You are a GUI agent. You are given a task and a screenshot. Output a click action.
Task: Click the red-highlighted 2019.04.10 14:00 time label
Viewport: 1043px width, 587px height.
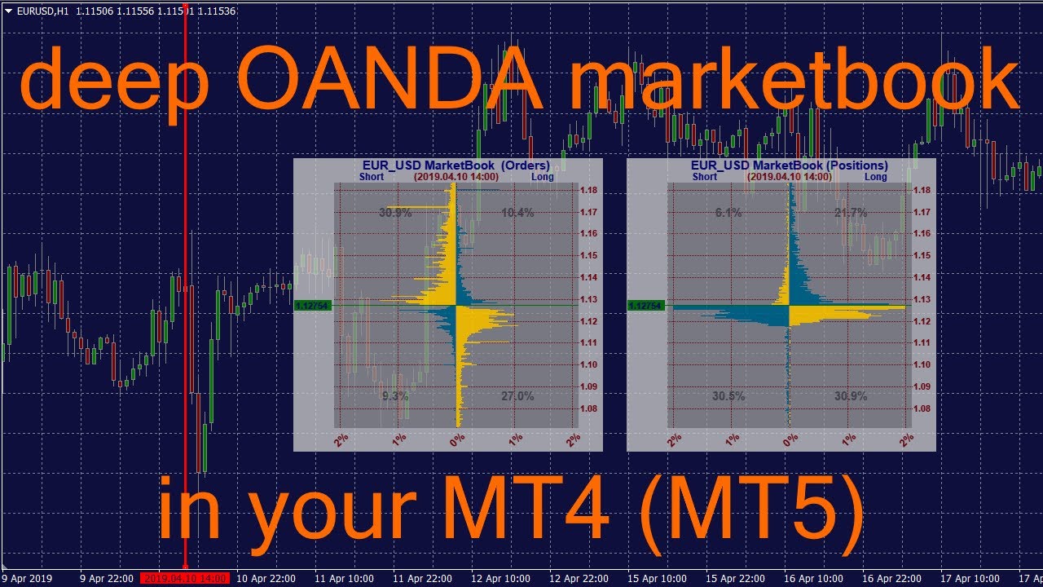[185, 579]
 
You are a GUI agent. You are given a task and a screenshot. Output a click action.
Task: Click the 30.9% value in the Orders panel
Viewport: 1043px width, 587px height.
[395, 213]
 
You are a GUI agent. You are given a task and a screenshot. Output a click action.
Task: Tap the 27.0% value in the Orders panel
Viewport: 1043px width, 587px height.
[517, 396]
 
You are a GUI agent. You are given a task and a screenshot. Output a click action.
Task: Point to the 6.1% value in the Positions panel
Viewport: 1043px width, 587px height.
[728, 213]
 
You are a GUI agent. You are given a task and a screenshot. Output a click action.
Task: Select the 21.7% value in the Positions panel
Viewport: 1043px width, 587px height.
[851, 213]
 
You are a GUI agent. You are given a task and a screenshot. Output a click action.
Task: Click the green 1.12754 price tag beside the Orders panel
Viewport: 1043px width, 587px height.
[313, 306]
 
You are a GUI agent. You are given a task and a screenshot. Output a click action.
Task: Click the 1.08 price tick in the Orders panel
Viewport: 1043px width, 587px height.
[587, 408]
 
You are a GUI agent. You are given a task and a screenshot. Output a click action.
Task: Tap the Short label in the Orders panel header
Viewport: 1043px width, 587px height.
[372, 176]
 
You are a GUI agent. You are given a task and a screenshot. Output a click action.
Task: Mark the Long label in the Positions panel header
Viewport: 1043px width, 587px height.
[876, 176]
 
